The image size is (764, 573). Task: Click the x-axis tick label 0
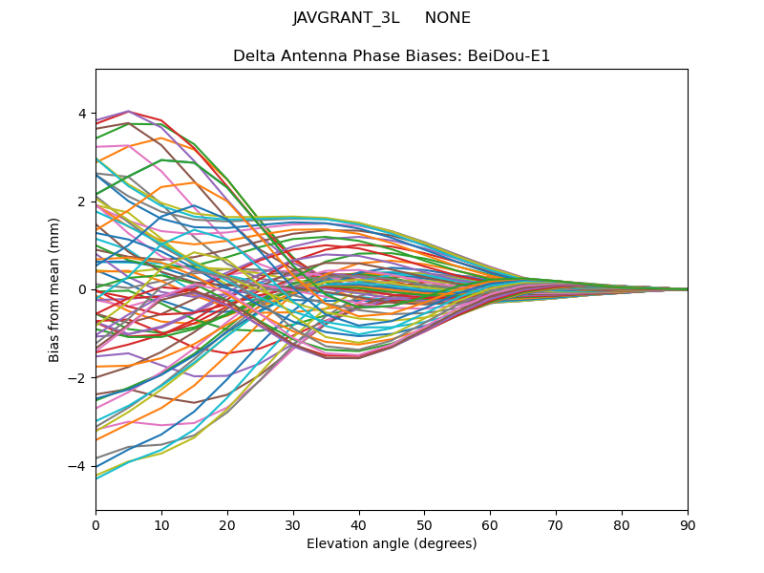pyautogui.click(x=96, y=526)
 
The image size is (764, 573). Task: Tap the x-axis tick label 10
pyautogui.click(x=161, y=526)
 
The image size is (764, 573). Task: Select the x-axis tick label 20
pyautogui.click(x=227, y=526)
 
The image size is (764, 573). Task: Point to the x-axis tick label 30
pyautogui.click(x=293, y=526)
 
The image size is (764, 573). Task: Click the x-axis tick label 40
pyautogui.click(x=359, y=526)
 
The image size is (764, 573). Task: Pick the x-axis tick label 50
pyautogui.click(x=425, y=526)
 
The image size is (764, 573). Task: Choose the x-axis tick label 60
pyautogui.click(x=491, y=526)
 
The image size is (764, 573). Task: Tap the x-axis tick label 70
pyautogui.click(x=557, y=526)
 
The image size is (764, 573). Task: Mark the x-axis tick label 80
pyautogui.click(x=623, y=526)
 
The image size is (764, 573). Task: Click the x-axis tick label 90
pyautogui.click(x=688, y=526)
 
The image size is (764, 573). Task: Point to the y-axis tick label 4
pyautogui.click(x=82, y=114)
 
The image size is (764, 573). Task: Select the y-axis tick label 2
pyautogui.click(x=82, y=202)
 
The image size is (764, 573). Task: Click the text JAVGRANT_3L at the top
pyautogui.click(x=346, y=18)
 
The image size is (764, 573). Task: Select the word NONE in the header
pyautogui.click(x=448, y=18)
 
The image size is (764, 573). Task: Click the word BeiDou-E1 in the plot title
pyautogui.click(x=509, y=56)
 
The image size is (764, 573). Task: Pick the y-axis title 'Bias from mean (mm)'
pyautogui.click(x=53, y=290)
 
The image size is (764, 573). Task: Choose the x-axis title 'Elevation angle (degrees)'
pyautogui.click(x=392, y=543)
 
